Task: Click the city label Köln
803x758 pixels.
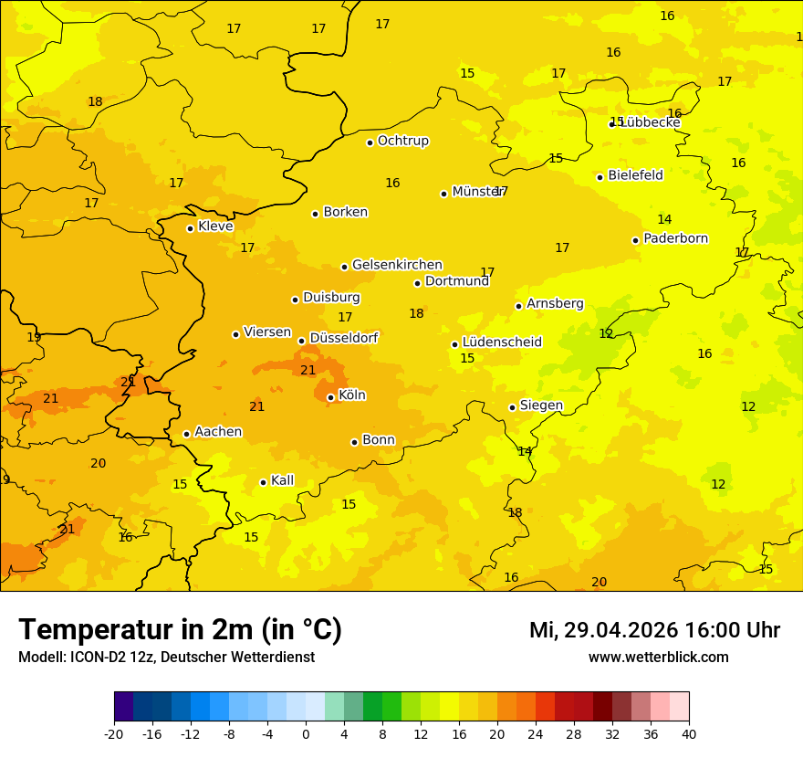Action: click(x=352, y=395)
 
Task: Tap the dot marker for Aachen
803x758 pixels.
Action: click(x=186, y=434)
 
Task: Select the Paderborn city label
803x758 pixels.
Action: click(x=675, y=238)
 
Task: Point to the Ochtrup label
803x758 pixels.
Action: click(x=402, y=141)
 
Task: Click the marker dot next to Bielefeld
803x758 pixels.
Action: click(x=600, y=177)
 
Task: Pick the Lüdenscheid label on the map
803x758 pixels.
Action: click(x=502, y=342)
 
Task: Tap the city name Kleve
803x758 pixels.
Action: click(x=215, y=226)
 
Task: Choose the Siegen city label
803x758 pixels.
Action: click(x=541, y=405)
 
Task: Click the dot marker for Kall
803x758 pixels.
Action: click(x=263, y=482)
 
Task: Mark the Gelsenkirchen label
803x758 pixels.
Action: click(x=397, y=265)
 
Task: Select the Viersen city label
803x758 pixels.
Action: click(x=266, y=332)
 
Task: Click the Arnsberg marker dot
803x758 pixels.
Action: click(x=518, y=306)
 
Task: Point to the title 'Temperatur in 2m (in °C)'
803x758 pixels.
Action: click(x=180, y=630)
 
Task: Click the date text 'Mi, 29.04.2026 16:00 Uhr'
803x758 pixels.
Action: click(x=654, y=630)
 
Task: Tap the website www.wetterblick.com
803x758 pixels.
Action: click(x=658, y=658)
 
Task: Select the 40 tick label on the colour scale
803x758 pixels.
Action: click(x=688, y=734)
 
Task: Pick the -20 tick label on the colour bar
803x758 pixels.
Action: click(x=114, y=734)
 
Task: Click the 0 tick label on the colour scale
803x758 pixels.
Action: click(x=306, y=734)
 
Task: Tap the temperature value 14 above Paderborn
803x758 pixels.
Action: click(x=664, y=219)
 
